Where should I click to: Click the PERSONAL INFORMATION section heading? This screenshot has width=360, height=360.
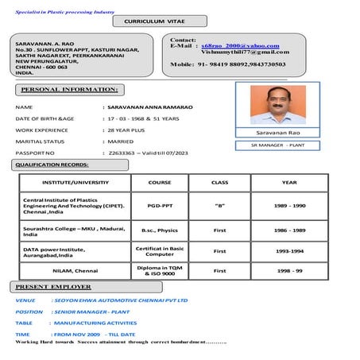(69, 89)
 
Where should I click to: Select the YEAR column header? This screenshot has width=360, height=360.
(289, 182)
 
